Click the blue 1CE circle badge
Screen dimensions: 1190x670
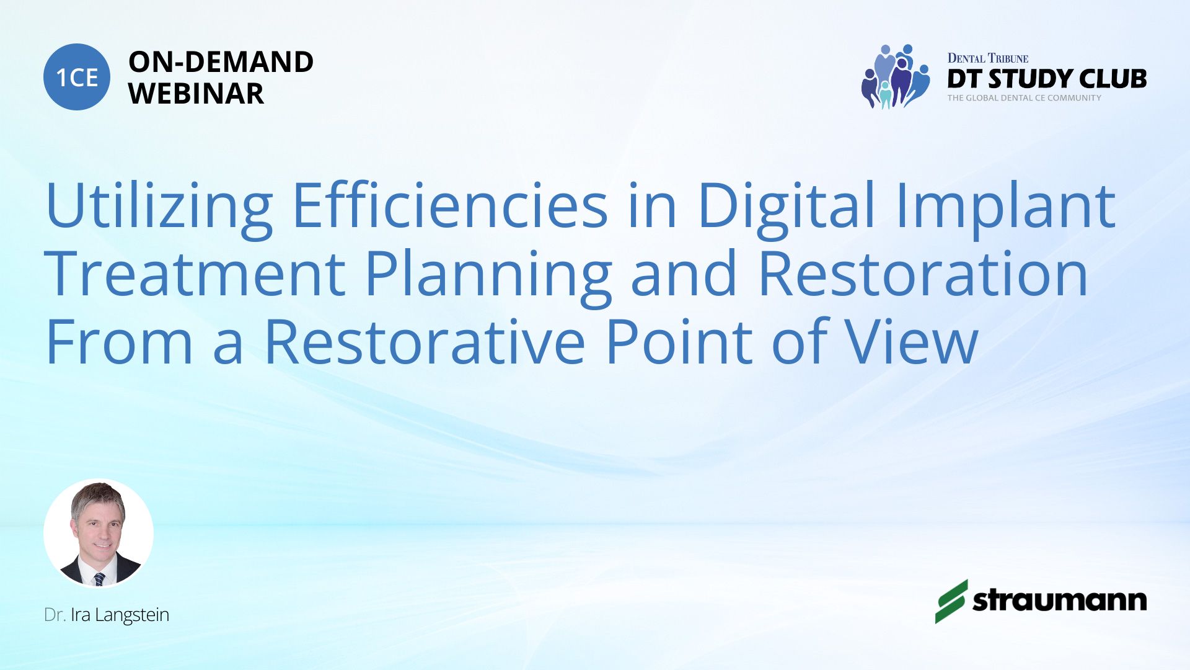pos(77,77)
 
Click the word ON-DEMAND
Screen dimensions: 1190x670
pos(221,62)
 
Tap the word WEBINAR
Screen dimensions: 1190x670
pos(196,94)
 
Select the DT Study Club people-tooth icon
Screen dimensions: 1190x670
pos(896,76)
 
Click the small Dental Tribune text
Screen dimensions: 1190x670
pos(988,58)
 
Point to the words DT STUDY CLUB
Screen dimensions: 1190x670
pos(1047,79)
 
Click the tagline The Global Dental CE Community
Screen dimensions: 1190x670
pos(1024,98)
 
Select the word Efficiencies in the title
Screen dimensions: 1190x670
pos(450,204)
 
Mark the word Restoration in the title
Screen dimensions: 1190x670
pos(923,274)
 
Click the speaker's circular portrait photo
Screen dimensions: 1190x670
pos(99,534)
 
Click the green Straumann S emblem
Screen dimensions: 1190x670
pos(951,601)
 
